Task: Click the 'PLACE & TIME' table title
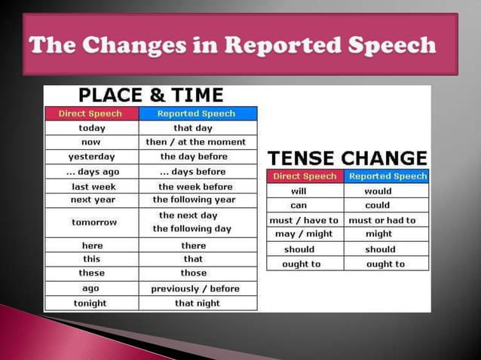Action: [x=151, y=96]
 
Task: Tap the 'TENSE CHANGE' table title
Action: [x=348, y=158]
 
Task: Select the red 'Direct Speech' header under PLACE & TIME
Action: [x=91, y=114]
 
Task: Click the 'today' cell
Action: [x=91, y=128]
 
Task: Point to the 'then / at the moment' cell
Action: [x=196, y=142]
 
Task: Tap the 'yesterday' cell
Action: [x=91, y=157]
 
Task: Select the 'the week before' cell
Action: [x=196, y=186]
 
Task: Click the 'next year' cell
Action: [x=91, y=200]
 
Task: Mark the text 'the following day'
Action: [x=192, y=229]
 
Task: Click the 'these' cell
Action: [x=91, y=273]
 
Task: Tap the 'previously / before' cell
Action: [x=195, y=288]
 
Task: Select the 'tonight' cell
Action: [x=90, y=304]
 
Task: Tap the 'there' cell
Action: [x=194, y=246]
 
